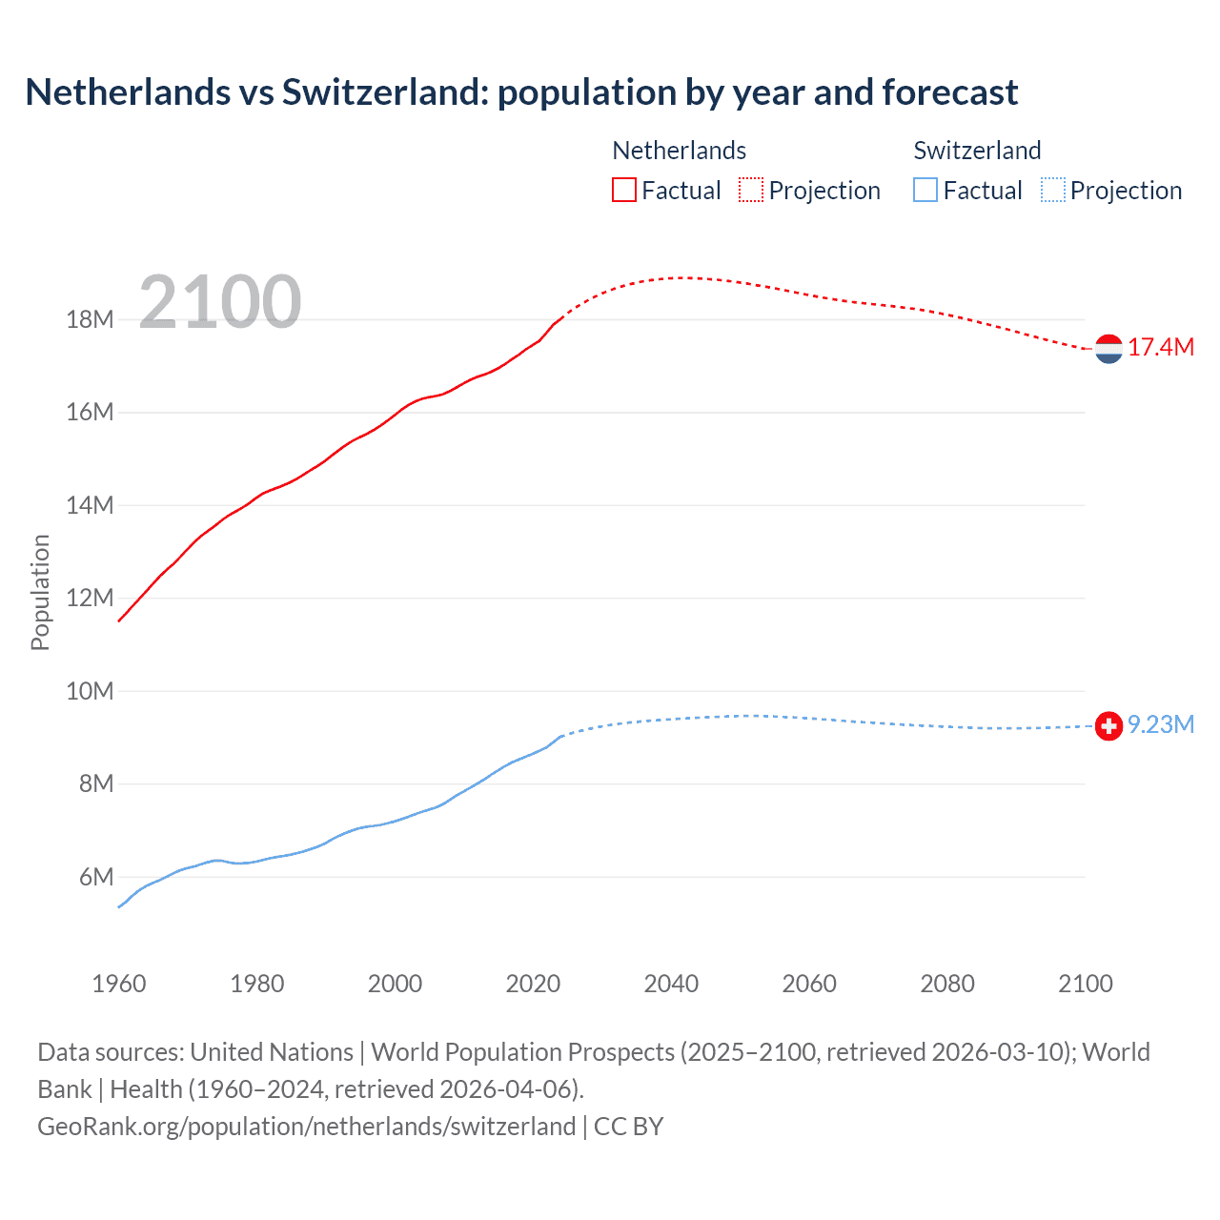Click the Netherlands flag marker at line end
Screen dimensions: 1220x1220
point(1108,349)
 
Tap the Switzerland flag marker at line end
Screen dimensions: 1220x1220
point(1108,726)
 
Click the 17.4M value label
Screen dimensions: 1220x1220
point(1161,348)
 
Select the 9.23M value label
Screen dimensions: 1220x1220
point(1161,725)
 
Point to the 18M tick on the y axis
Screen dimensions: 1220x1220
point(90,319)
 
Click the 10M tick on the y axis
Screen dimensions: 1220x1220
point(90,691)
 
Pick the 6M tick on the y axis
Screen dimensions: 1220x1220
point(95,877)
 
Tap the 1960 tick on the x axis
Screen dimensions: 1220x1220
point(119,984)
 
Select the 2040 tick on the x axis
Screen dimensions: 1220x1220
point(671,984)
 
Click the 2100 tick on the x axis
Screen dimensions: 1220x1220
point(1085,984)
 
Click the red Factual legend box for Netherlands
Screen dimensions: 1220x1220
point(624,191)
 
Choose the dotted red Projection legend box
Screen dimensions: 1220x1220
point(751,191)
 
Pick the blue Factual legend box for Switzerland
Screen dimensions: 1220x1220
point(925,191)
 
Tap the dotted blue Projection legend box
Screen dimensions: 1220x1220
point(1052,191)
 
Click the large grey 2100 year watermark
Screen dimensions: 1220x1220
point(220,302)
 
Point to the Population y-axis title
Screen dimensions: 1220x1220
point(40,593)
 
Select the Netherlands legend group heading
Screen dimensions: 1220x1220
point(679,151)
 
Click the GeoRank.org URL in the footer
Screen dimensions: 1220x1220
point(306,1127)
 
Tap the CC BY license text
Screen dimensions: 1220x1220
point(628,1127)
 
